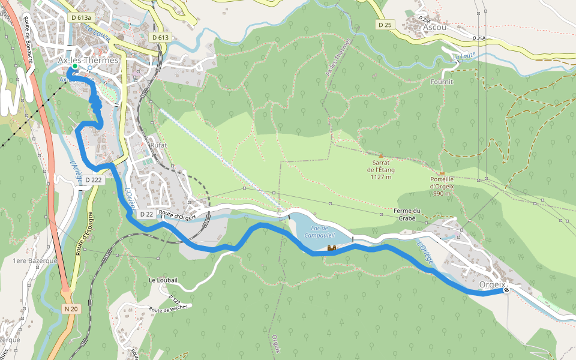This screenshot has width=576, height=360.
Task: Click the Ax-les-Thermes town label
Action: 88,61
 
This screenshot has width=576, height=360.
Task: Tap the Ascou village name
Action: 435,27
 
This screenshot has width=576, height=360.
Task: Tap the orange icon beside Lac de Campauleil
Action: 331,248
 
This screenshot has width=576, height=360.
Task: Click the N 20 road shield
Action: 71,309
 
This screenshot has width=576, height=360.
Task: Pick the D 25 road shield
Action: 385,25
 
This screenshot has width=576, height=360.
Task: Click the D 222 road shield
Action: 94,179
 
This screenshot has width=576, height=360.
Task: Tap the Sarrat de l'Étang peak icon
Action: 380,155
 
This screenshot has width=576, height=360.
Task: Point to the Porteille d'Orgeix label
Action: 442,182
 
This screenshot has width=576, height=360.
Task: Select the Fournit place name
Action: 442,81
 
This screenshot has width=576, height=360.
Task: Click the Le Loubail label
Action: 161,280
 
